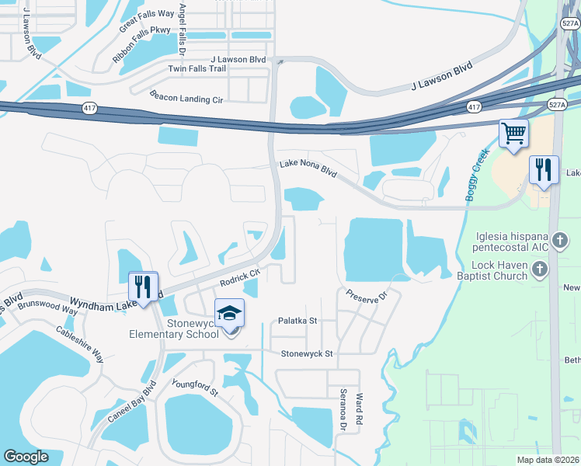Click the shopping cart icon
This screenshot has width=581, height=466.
point(513,134)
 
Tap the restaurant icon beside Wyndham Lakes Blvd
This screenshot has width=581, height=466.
point(143,286)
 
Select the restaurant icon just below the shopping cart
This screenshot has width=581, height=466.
point(544,169)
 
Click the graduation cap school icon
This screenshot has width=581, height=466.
point(229,312)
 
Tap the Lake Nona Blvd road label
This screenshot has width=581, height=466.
point(308,168)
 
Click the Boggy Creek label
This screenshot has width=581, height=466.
point(477,176)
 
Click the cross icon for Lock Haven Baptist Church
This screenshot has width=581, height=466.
point(540,270)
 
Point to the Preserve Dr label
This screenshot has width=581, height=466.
point(367,296)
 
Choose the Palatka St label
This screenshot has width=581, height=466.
point(297,320)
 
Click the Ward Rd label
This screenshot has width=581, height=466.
point(360,407)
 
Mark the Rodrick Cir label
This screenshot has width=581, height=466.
point(238,277)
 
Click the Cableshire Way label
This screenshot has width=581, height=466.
point(80,343)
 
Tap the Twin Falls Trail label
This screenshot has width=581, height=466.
point(197,69)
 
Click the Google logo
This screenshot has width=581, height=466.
point(26,457)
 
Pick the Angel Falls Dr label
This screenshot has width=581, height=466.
point(183,27)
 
